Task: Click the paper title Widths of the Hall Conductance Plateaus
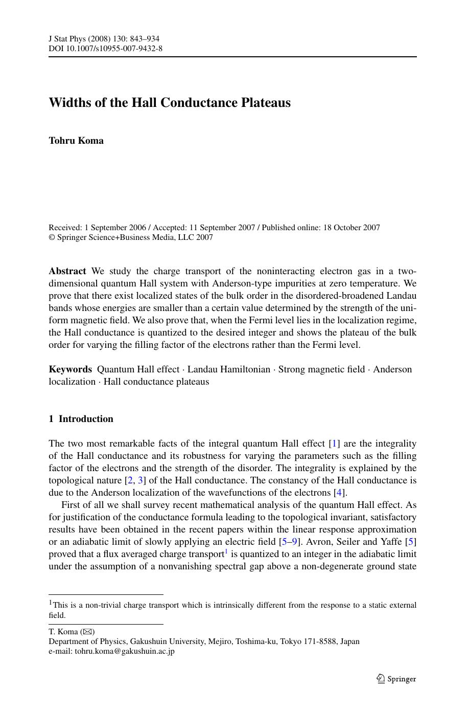[x=170, y=103]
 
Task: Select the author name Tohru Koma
[x=76, y=141]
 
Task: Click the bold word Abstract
[x=67, y=271]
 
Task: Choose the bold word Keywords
[x=71, y=369]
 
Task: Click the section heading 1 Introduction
[x=81, y=419]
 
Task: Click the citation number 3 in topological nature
[x=141, y=480]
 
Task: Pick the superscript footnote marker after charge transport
[x=226, y=552]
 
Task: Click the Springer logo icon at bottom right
[x=381, y=679]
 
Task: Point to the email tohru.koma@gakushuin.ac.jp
[x=125, y=651]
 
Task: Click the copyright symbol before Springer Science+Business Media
[x=52, y=237]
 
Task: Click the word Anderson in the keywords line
[x=392, y=369]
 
